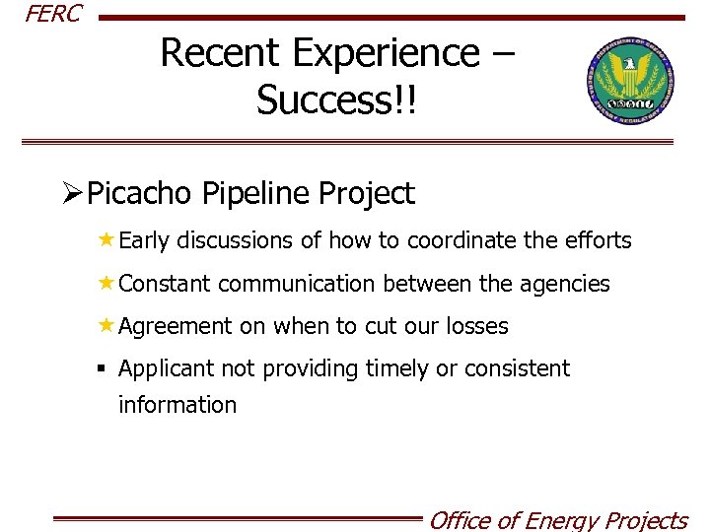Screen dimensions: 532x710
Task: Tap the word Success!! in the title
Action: (x=337, y=100)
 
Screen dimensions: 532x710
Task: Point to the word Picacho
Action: (x=140, y=194)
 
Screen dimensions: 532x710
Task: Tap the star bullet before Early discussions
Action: (x=106, y=239)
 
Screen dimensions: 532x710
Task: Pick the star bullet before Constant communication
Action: (x=106, y=284)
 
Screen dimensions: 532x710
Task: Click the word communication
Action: (x=296, y=285)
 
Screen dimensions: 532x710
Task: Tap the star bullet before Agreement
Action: (x=106, y=326)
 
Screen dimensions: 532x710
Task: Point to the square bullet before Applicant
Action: (x=102, y=368)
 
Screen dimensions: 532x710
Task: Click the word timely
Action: (x=397, y=369)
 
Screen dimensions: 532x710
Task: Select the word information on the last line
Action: (x=177, y=405)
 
